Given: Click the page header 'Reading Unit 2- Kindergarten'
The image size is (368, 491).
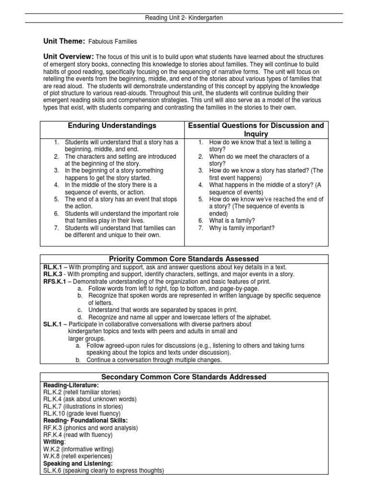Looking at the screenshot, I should pyautogui.click(x=184, y=18).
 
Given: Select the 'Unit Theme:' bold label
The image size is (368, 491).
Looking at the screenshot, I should pyautogui.click(x=64, y=42).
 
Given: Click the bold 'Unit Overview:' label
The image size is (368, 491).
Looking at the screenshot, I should pyautogui.click(x=69, y=57).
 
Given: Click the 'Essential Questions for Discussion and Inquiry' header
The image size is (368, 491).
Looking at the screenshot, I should pyautogui.click(x=256, y=129).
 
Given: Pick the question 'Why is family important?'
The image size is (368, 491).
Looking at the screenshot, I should pyautogui.click(x=242, y=228).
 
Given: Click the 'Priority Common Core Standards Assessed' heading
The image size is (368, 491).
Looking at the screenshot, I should pyautogui.click(x=184, y=259).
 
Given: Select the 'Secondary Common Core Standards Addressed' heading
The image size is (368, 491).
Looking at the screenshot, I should pyautogui.click(x=184, y=377).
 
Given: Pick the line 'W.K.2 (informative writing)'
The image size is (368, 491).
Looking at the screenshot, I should pyautogui.click(x=78, y=449).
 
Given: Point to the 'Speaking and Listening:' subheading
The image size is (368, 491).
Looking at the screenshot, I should pyautogui.click(x=78, y=464).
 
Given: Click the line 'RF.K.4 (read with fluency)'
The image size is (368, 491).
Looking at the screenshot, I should pyautogui.click(x=78, y=435).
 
